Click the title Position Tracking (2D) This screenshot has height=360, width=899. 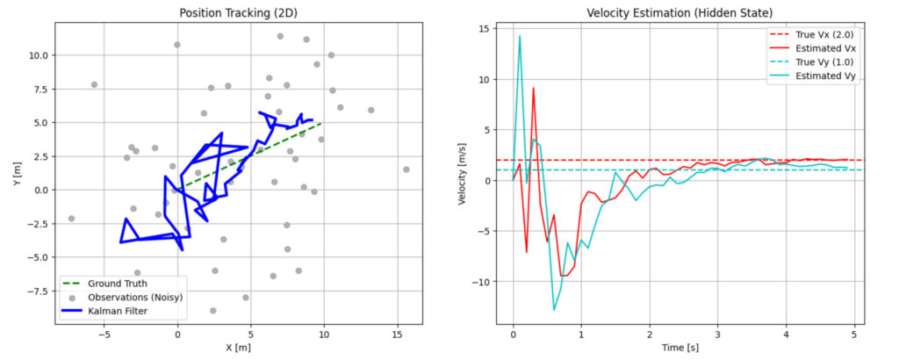(x=238, y=12)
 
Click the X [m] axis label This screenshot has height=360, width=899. (x=238, y=349)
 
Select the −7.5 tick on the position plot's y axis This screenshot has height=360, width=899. (x=40, y=291)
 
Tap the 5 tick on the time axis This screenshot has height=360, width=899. (x=853, y=335)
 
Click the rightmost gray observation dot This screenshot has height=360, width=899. (x=406, y=169)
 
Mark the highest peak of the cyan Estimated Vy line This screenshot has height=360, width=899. (x=520, y=36)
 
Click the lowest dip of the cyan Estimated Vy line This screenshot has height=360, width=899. (x=554, y=309)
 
